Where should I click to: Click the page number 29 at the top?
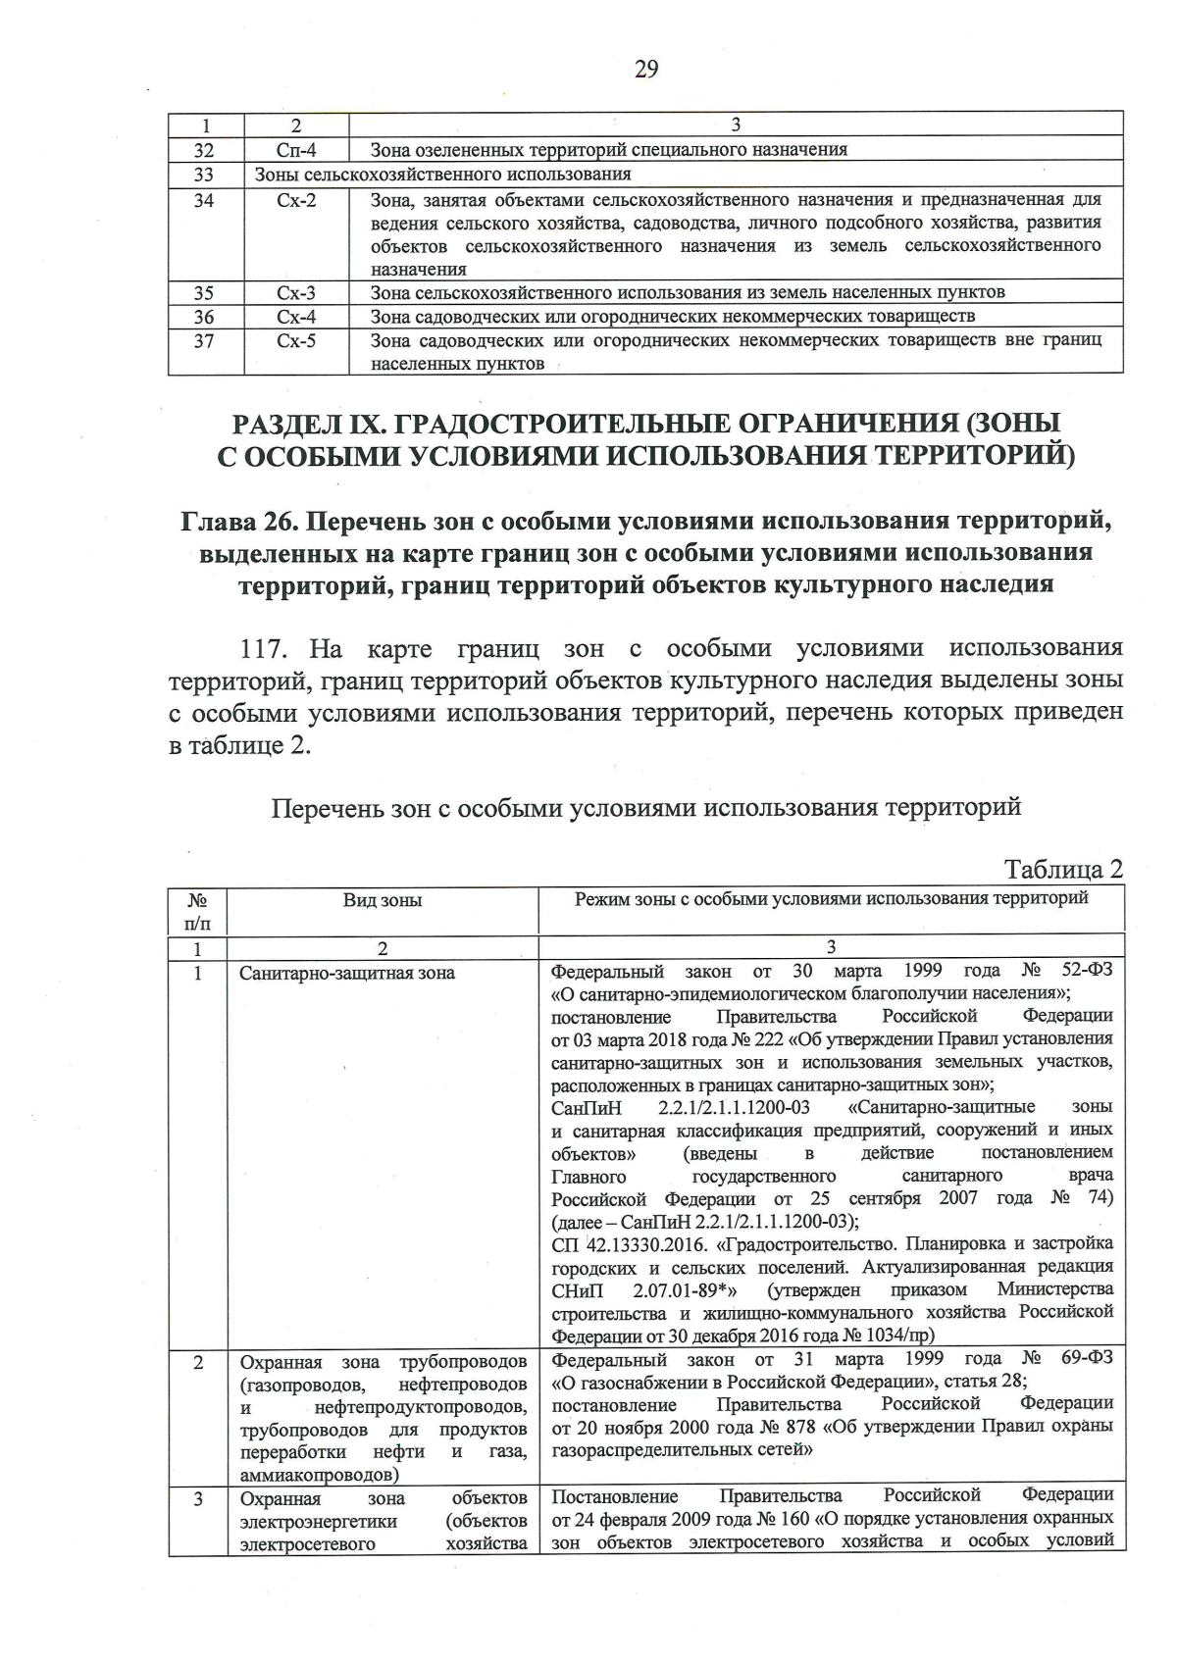click(646, 70)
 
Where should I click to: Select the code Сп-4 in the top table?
click(296, 151)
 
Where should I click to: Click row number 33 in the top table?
click(204, 175)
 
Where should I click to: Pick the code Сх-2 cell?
click(296, 200)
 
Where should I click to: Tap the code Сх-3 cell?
click(296, 293)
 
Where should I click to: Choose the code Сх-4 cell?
click(296, 317)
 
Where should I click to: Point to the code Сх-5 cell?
click(296, 341)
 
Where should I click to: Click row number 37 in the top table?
click(204, 341)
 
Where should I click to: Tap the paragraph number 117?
click(267, 649)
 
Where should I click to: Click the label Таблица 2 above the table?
click(1062, 870)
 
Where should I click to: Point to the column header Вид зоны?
click(382, 900)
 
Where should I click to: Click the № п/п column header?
click(197, 911)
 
